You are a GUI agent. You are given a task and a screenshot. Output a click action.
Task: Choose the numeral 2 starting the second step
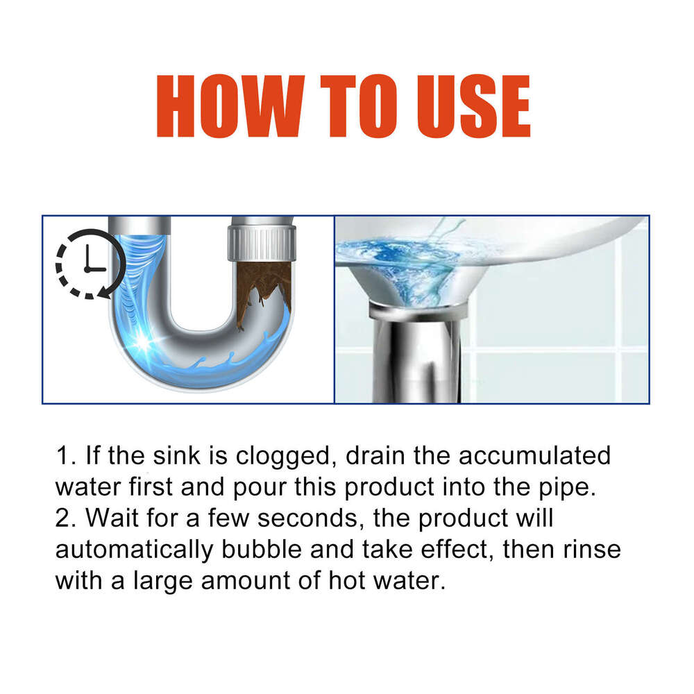(x=62, y=518)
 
